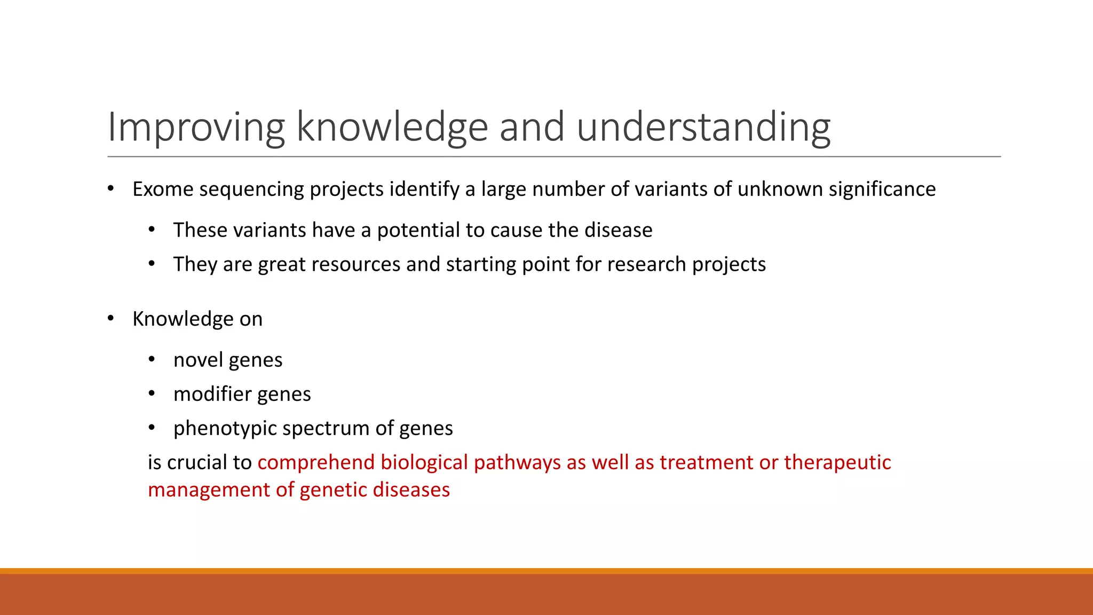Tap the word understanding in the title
(x=703, y=127)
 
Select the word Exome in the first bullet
(x=162, y=189)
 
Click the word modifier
(x=212, y=394)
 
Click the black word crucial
(x=196, y=462)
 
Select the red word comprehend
(x=316, y=462)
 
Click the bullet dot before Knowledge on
(x=110, y=319)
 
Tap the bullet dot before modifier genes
(x=152, y=394)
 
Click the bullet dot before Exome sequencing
(x=110, y=189)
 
